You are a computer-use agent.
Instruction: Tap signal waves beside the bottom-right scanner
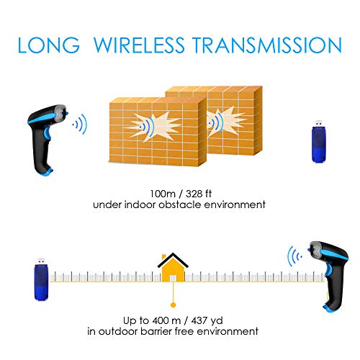click(x=294, y=257)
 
